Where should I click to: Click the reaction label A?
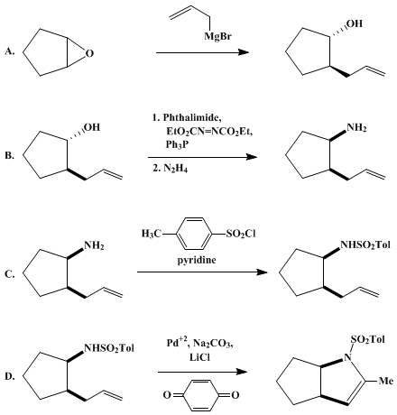pos(10,51)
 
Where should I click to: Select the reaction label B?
pos(10,156)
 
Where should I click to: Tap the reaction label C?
pos(10,274)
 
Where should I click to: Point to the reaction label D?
pos(10,376)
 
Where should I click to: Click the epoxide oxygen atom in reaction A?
pos(89,53)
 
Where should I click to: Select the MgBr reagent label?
pos(217,37)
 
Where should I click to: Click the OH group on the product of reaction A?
pos(355,23)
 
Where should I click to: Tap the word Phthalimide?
pos(192,117)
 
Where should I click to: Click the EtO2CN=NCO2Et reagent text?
pos(209,132)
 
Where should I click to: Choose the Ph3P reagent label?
pos(178,145)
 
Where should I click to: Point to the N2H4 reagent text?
pos(176,169)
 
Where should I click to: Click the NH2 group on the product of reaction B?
pos(356,128)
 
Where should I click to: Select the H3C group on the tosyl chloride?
pos(152,234)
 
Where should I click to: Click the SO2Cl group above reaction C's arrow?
pos(241,234)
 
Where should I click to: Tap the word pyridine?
pos(197,260)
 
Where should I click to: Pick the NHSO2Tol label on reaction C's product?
pos(365,245)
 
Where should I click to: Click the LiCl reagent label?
pos(199,357)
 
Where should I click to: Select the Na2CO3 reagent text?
pos(213,343)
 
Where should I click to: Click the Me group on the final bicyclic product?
pos(385,381)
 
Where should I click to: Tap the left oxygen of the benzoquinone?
pos(167,395)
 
